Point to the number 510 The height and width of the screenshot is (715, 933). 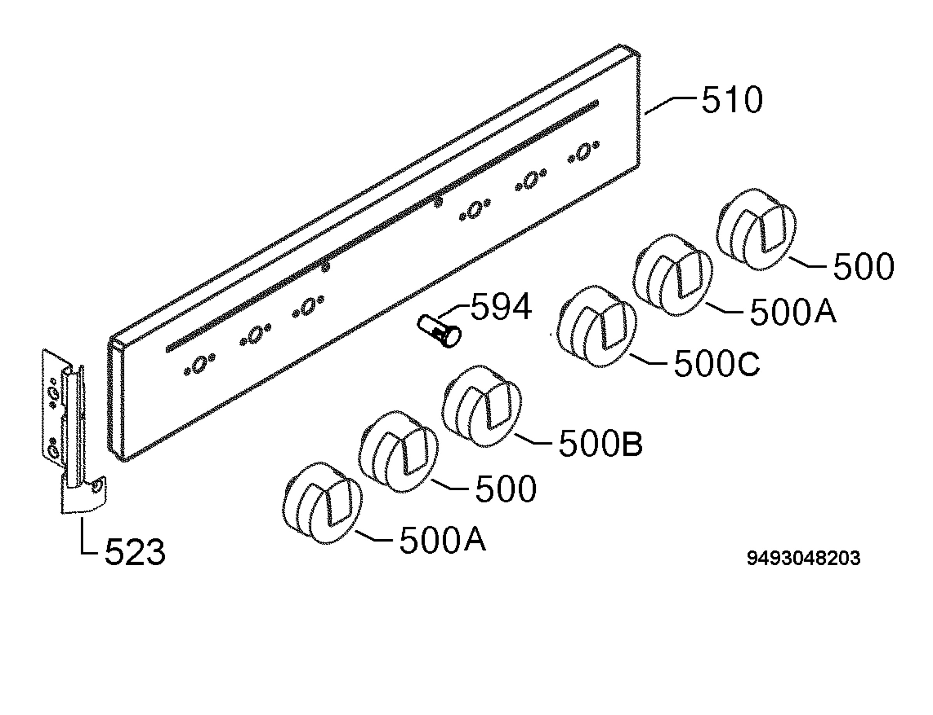[x=732, y=100]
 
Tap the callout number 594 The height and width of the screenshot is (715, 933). [x=501, y=306]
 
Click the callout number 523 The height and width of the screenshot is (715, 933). [x=135, y=552]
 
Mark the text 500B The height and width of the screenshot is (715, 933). [x=600, y=444]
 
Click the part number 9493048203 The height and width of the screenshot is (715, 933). [x=803, y=558]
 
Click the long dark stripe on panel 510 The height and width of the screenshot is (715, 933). [x=382, y=226]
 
